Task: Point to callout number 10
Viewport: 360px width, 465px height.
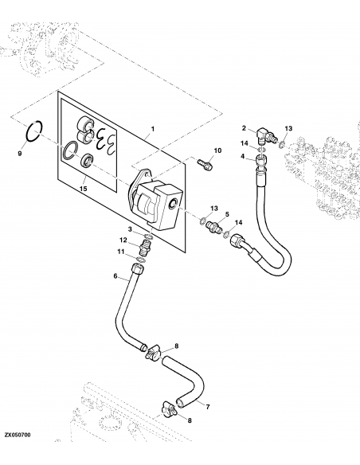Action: [x=217, y=150]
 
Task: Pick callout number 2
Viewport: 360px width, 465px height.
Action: [x=245, y=127]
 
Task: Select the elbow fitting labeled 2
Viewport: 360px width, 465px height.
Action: [x=264, y=137]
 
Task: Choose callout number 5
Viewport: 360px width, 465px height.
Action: [x=226, y=215]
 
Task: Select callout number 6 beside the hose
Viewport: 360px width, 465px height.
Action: [x=115, y=276]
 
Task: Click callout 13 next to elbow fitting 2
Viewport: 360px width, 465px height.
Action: [x=289, y=128]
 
